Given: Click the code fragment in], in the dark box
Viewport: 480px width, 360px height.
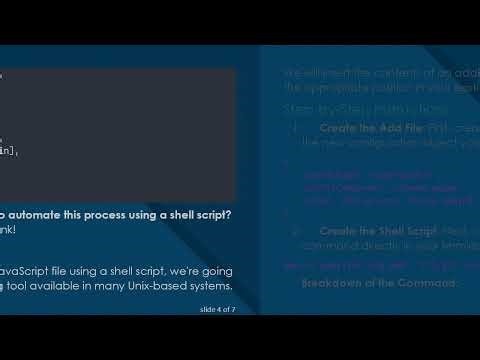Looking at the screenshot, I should click(x=9, y=150).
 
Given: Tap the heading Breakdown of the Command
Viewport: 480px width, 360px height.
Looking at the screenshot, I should click(x=378, y=283).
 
